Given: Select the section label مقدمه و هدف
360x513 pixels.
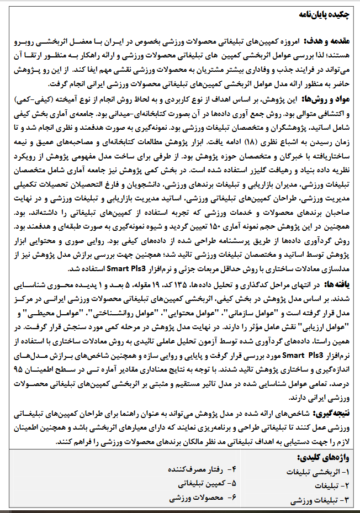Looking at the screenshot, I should point(327,41).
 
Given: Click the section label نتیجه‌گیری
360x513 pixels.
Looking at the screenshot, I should point(333,413).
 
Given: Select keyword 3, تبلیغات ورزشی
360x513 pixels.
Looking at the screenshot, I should point(318,500).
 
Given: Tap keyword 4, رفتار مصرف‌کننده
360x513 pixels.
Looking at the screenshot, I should point(199,469).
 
